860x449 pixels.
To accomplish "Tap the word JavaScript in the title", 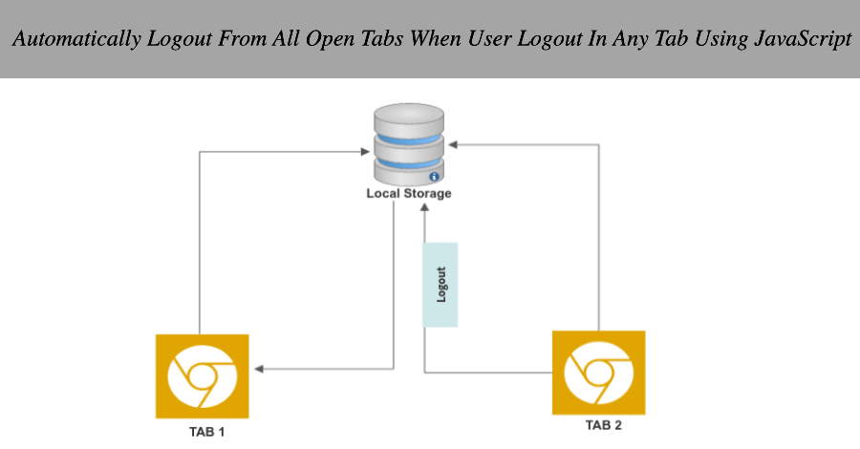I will (x=805, y=41).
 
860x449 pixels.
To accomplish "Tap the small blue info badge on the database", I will (x=434, y=177).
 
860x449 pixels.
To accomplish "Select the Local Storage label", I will (x=409, y=194).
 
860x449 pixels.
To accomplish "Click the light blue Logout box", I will (x=441, y=284).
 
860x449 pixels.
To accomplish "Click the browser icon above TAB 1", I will (x=202, y=375).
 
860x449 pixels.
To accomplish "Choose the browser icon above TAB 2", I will (x=599, y=373).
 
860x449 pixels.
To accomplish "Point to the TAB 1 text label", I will (x=203, y=432).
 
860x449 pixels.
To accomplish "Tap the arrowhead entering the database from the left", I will (x=367, y=151).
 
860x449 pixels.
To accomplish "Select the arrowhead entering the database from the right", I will (x=454, y=145).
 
